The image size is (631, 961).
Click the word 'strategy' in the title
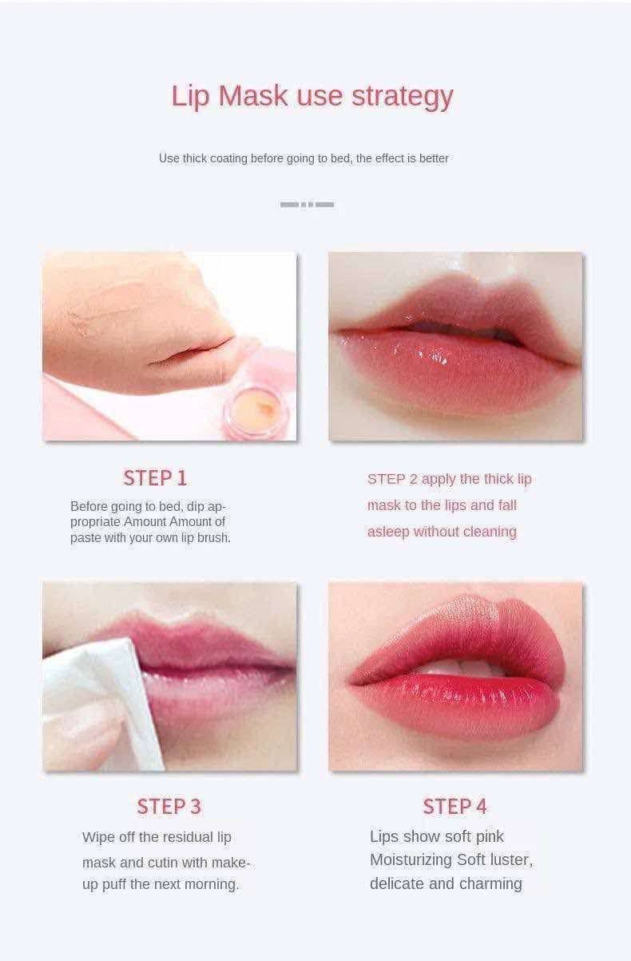coord(402,97)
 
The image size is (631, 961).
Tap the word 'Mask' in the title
coord(253,95)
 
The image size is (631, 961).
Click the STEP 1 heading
coord(155,478)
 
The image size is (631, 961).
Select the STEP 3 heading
coord(169,806)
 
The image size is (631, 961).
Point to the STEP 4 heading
coord(454,806)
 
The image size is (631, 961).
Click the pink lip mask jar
coord(257,409)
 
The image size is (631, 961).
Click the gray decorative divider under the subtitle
coord(307,205)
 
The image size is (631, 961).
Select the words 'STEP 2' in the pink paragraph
coord(392,479)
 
